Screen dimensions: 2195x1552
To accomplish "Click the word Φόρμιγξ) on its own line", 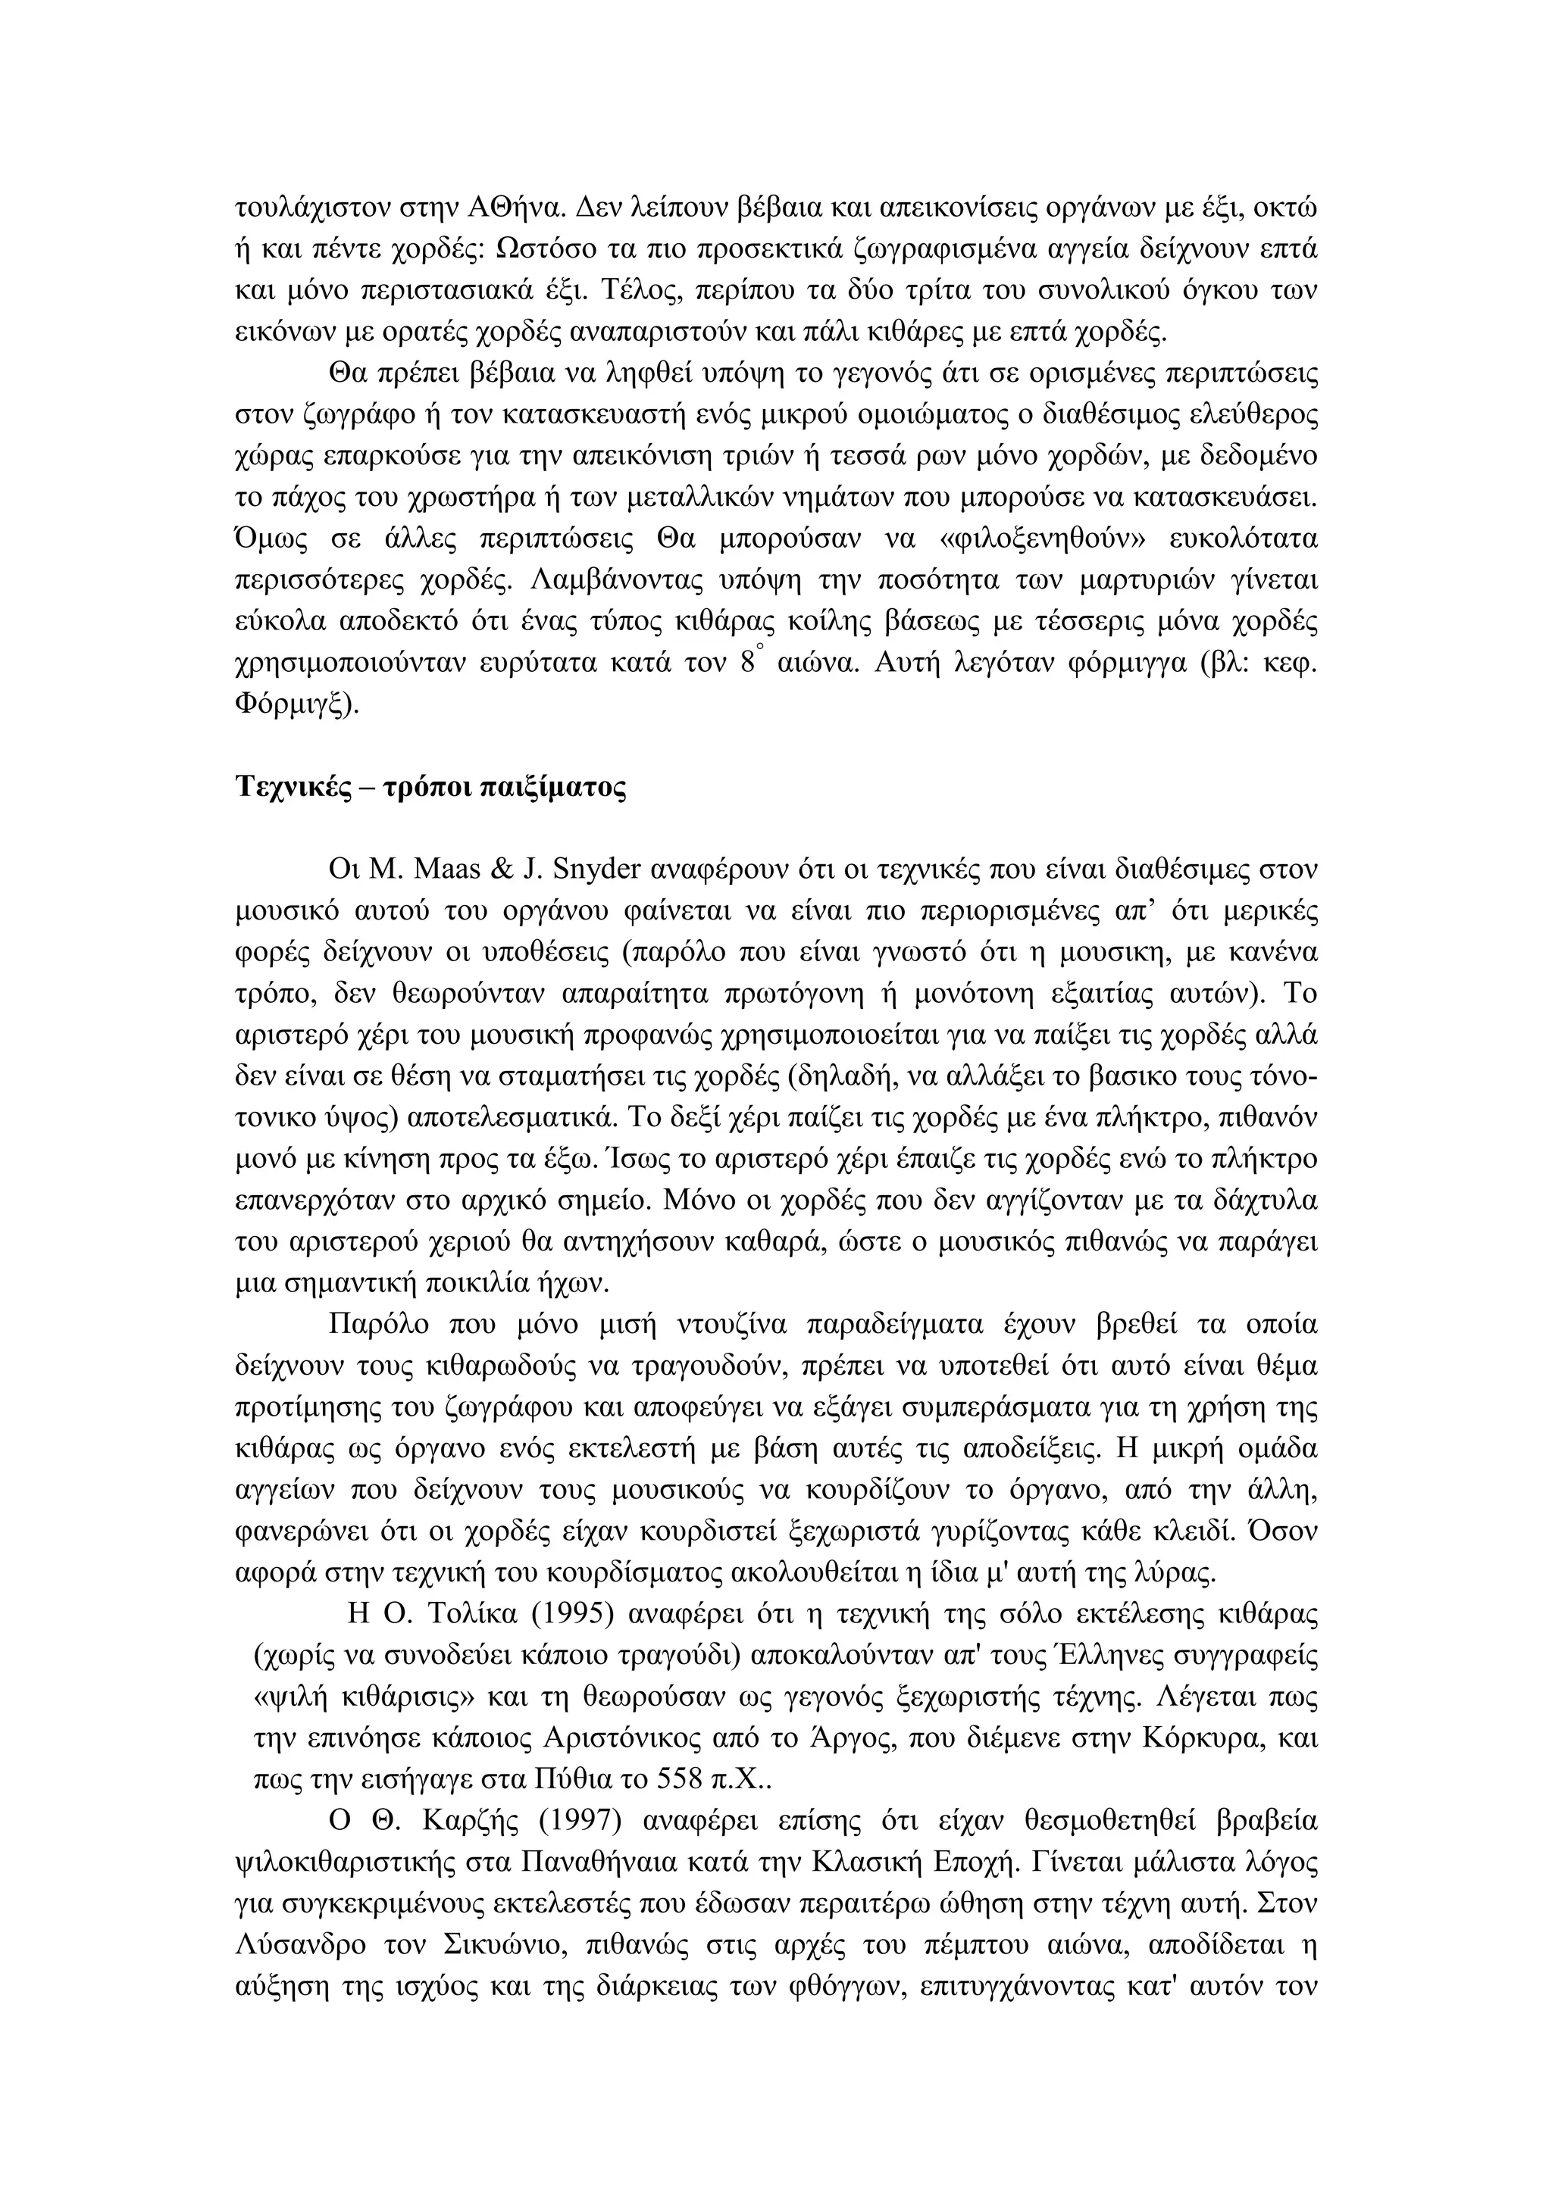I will [296, 704].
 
